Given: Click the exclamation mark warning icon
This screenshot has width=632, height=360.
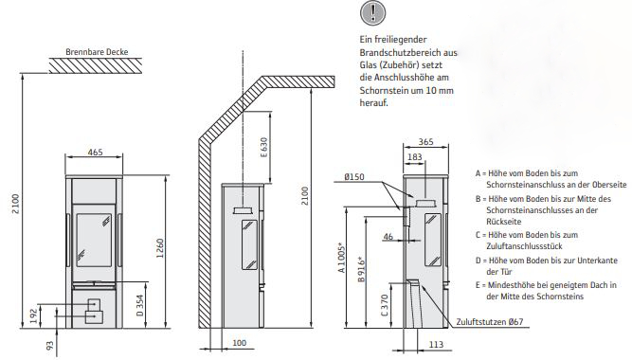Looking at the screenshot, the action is [x=372, y=12].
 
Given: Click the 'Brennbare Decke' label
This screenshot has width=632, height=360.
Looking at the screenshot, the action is [x=97, y=52].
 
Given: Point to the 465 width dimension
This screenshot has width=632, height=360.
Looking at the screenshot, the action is [x=95, y=152].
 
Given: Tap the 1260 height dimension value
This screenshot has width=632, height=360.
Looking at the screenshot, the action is [x=160, y=248].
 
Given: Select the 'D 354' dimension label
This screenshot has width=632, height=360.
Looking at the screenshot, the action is [x=139, y=306].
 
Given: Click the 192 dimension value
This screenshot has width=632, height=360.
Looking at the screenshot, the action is [x=34, y=316].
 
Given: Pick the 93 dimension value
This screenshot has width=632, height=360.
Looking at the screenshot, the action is [x=49, y=346].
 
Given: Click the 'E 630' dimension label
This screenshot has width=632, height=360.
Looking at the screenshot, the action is [x=263, y=148].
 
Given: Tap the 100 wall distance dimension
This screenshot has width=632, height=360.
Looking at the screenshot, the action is [x=239, y=343].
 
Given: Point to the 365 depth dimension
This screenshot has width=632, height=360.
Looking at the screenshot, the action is [x=425, y=141].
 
